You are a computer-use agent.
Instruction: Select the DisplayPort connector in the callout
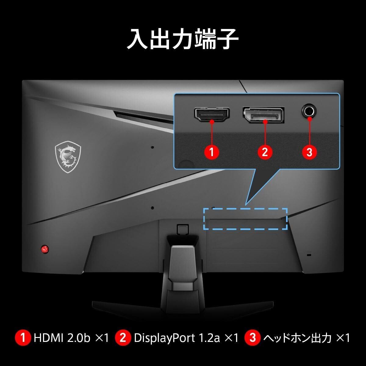(x=264, y=114)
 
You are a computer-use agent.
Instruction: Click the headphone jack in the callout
(x=309, y=111)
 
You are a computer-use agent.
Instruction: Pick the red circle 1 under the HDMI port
(x=212, y=152)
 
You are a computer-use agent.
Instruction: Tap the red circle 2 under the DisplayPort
(x=264, y=152)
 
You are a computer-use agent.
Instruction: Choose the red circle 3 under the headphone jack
(x=309, y=152)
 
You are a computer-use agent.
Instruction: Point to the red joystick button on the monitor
(x=45, y=249)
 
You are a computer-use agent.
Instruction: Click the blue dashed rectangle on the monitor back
(x=245, y=219)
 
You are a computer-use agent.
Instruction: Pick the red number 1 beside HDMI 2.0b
(x=23, y=338)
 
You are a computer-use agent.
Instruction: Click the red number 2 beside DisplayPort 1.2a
(x=123, y=338)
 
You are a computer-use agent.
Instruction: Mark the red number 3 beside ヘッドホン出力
(x=253, y=338)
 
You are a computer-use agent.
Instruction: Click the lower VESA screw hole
(x=152, y=208)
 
